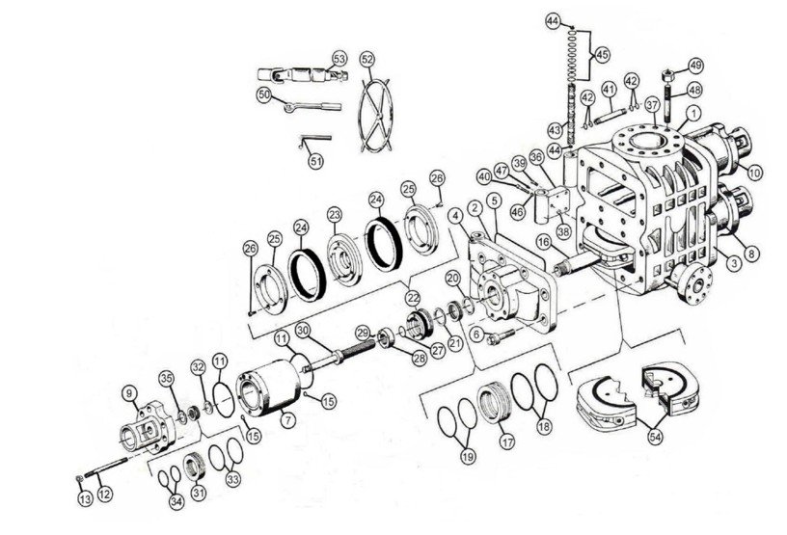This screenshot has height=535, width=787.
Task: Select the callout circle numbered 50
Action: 263,94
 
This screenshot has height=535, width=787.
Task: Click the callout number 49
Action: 695,66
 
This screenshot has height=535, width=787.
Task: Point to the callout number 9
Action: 127,392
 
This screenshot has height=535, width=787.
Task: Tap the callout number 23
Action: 335,214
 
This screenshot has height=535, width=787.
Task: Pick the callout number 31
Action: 199,494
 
